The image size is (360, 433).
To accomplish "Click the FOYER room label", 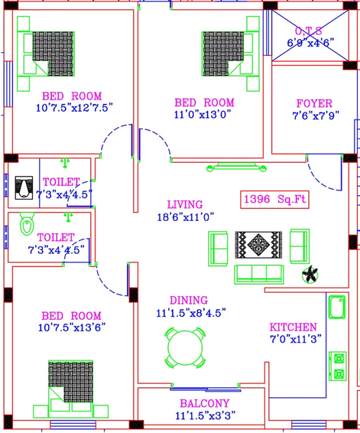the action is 314,103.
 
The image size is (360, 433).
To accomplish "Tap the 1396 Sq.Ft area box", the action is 274,200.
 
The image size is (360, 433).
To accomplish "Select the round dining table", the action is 185,347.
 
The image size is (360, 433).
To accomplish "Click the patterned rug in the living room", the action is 258,245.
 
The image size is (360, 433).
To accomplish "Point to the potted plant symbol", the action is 310,275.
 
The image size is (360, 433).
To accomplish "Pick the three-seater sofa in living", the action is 259,274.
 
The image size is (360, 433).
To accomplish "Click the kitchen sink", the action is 337,307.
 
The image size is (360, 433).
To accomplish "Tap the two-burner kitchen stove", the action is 338,366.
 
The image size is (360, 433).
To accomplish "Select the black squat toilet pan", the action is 24,187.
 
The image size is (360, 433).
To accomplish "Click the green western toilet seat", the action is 27,223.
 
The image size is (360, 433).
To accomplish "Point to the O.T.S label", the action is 309,31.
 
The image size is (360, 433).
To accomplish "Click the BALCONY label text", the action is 205,403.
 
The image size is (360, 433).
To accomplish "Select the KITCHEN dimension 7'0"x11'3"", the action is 296,339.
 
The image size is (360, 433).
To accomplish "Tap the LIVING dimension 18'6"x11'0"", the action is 186,217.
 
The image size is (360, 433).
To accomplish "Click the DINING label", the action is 189,301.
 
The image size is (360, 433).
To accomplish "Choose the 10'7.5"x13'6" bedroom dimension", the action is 72,327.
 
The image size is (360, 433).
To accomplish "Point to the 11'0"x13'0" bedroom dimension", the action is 203,114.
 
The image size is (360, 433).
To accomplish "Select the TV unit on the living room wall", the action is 236,167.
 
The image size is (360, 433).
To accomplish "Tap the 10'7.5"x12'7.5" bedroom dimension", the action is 74,108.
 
